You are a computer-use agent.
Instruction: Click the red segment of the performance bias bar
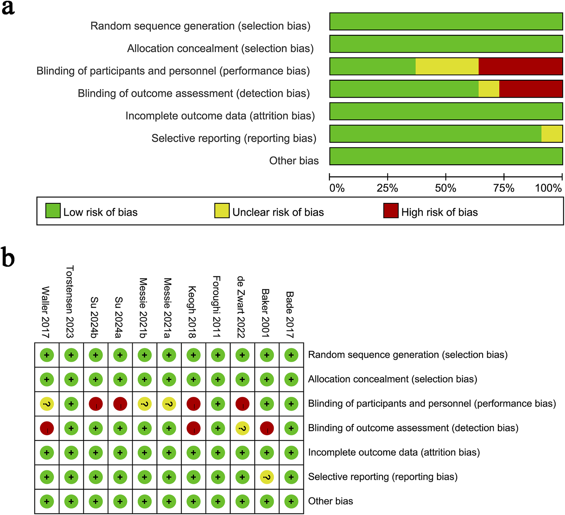click(520, 66)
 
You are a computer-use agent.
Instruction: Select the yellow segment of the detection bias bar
click(489, 89)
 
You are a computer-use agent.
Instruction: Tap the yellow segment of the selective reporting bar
click(552, 134)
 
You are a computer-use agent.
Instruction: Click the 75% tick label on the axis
click(503, 188)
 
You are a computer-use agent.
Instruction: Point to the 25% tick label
click(387, 188)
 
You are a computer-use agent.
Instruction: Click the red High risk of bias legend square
click(391, 211)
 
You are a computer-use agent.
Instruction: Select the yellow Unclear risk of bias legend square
click(222, 211)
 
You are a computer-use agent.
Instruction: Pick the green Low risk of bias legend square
click(53, 211)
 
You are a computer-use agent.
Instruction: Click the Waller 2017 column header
click(46, 312)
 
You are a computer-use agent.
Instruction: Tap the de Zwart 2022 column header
click(241, 307)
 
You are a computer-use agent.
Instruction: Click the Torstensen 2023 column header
click(70, 302)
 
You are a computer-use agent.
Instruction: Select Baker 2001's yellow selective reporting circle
click(267, 477)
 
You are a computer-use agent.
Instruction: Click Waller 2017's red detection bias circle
click(47, 428)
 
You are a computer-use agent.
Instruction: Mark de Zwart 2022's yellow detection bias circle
click(242, 428)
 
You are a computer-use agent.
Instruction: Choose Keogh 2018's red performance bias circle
click(194, 404)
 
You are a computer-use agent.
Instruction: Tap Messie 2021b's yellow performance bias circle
click(144, 404)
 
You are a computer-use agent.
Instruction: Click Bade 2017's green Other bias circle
click(291, 502)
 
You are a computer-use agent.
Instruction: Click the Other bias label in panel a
click(294, 161)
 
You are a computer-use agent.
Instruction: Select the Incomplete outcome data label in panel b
click(394, 453)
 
